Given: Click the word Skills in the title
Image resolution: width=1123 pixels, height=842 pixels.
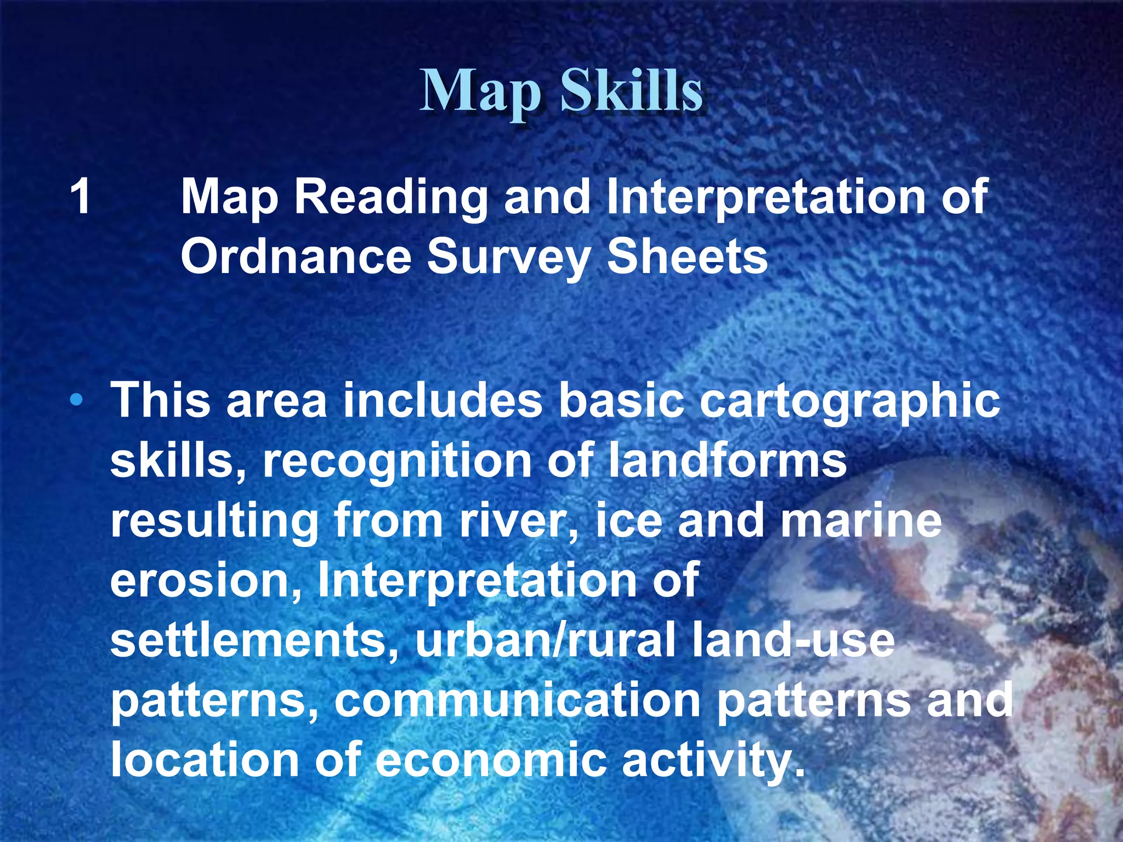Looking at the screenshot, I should pos(631,91).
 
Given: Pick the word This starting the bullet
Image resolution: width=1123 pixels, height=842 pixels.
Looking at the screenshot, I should pos(161,400).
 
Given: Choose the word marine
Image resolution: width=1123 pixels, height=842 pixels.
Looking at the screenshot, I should pos(860,521).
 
